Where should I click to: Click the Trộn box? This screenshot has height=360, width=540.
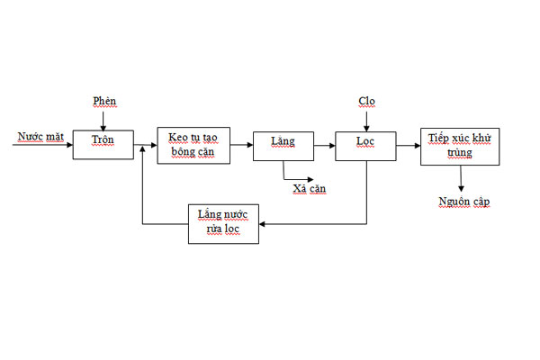(x=103, y=145)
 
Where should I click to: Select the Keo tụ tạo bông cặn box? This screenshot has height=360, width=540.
(x=193, y=146)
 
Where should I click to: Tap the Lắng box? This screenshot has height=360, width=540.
(x=283, y=146)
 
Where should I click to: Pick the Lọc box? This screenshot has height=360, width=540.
(x=365, y=146)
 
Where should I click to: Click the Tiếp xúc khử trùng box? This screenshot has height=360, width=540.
(x=460, y=147)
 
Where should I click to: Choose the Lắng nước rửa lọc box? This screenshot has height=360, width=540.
(x=223, y=224)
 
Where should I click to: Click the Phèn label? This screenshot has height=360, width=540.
(x=104, y=102)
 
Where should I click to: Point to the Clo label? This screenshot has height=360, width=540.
(x=366, y=102)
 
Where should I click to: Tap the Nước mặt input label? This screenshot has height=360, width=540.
(x=40, y=137)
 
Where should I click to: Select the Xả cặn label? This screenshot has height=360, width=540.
(x=310, y=189)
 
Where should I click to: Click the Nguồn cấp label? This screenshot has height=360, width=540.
(x=464, y=202)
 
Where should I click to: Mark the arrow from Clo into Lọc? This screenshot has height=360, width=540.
(x=366, y=121)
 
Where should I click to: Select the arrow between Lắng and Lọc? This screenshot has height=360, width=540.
(x=324, y=146)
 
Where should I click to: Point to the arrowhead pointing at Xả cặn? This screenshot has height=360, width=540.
(x=310, y=179)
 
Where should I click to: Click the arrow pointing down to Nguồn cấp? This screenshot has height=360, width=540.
(x=461, y=178)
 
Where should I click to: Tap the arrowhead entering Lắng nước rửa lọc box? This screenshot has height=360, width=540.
(x=262, y=224)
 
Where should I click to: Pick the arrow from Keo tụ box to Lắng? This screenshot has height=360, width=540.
(x=241, y=145)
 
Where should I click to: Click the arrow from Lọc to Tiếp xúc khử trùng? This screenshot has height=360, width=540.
(x=408, y=146)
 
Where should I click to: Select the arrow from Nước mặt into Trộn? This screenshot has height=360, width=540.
(x=42, y=145)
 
